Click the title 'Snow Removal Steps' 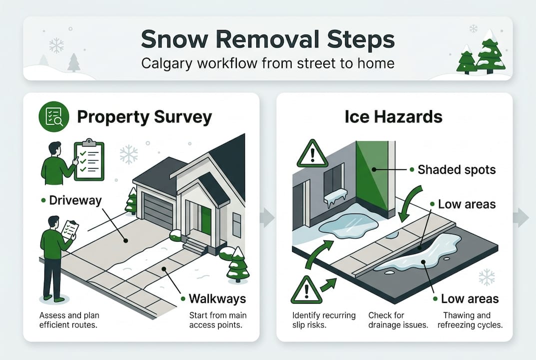267,39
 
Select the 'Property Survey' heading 144,117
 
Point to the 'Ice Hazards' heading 394,117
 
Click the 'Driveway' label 75,201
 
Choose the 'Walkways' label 217,299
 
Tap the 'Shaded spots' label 457,169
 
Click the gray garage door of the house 158,210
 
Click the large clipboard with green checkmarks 89,160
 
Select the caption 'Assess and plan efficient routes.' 69,320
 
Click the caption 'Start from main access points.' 218,320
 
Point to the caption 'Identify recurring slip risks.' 324,320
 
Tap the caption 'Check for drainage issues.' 398,320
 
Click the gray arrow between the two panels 267,217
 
